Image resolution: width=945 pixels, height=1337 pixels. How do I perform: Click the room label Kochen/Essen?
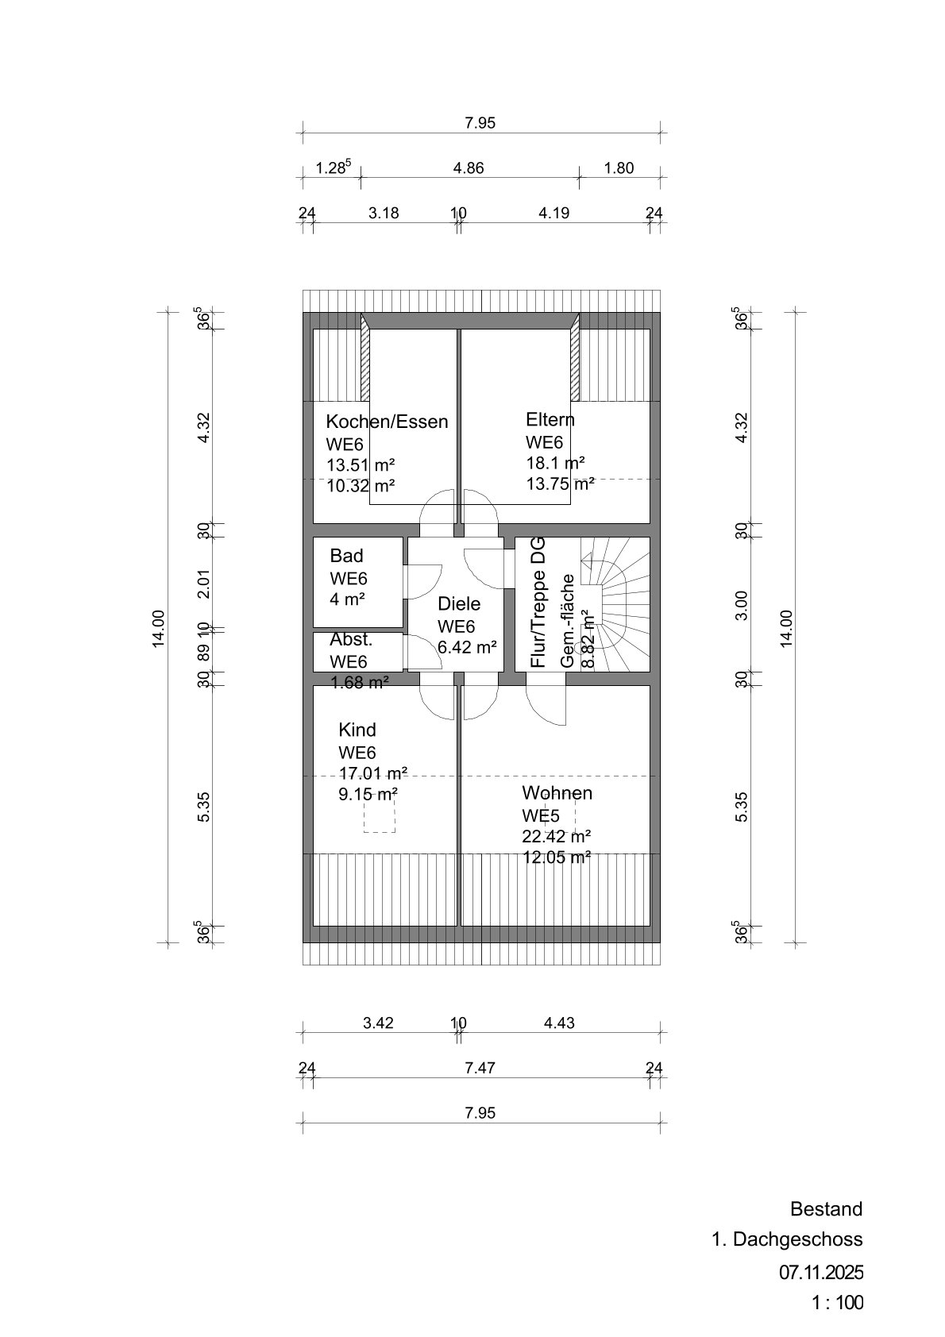click(387, 422)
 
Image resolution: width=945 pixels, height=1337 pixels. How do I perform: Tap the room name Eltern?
click(550, 419)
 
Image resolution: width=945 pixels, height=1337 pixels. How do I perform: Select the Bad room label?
click(346, 556)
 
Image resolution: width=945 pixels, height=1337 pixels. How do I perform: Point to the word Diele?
click(459, 604)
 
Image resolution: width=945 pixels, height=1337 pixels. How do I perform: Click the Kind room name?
click(357, 730)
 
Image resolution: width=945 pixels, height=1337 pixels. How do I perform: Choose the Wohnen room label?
click(557, 793)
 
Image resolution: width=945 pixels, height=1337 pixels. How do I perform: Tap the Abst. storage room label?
click(351, 640)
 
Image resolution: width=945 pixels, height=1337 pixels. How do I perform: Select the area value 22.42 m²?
click(556, 836)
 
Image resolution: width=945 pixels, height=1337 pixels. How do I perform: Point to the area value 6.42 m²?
click(467, 647)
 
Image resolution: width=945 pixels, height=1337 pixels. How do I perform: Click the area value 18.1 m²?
click(555, 462)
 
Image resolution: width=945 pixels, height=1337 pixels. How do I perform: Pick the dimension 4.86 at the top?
click(469, 168)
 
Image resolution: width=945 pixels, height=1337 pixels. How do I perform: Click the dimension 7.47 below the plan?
click(480, 1069)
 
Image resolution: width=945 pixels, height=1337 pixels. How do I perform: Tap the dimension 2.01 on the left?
click(204, 584)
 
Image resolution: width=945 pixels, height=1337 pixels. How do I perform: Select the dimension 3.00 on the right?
click(742, 606)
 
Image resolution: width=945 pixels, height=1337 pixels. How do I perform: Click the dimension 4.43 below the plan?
click(558, 1023)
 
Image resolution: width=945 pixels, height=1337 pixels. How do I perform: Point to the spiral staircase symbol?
click(622, 603)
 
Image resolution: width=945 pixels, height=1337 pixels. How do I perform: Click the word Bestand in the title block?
click(826, 1209)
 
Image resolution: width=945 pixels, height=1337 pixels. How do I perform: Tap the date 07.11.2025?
click(820, 1272)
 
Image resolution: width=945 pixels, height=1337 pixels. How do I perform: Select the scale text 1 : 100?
click(836, 1303)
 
